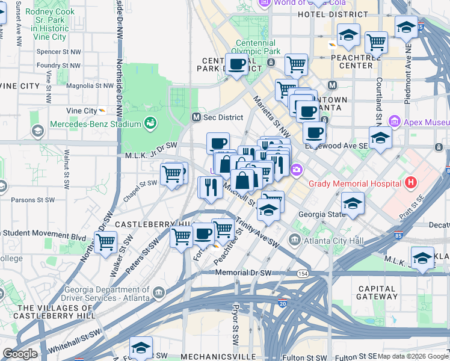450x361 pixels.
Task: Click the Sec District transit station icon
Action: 196,117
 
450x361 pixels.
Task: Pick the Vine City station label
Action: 82,111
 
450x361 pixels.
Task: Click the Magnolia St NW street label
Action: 90,86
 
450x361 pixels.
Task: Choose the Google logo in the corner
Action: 20,354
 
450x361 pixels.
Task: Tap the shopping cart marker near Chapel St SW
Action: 172,174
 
